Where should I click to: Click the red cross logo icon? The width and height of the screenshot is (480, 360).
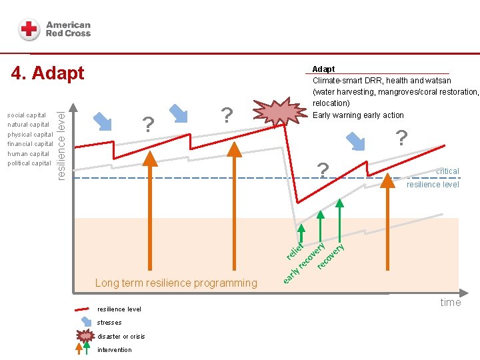(x=29, y=30)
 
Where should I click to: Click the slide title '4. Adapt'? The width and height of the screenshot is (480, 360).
(x=48, y=73)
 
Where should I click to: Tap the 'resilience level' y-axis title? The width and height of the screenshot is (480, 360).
(x=61, y=137)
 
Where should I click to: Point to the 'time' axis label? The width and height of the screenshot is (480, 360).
(x=451, y=302)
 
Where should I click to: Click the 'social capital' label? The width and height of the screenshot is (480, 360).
(x=27, y=115)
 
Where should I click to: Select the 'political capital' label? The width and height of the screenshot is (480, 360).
(x=29, y=163)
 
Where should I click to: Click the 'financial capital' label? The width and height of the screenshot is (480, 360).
(x=30, y=144)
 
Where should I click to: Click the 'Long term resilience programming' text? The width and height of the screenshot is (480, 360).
(x=176, y=283)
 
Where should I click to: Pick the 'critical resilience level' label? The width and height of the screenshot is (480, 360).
(x=434, y=178)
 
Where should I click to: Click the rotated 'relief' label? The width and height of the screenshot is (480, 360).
(x=295, y=249)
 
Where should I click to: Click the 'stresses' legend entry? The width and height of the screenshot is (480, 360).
(x=109, y=323)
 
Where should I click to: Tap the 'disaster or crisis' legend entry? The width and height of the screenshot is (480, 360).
(x=121, y=336)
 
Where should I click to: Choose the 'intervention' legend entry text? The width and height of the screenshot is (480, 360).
(x=115, y=349)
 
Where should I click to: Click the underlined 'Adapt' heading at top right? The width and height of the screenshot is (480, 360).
(x=324, y=69)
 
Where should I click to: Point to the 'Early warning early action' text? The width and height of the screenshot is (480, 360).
(x=358, y=115)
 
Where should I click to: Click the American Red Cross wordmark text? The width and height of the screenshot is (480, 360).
(x=68, y=29)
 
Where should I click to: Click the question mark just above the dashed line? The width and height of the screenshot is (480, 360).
(x=323, y=170)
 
